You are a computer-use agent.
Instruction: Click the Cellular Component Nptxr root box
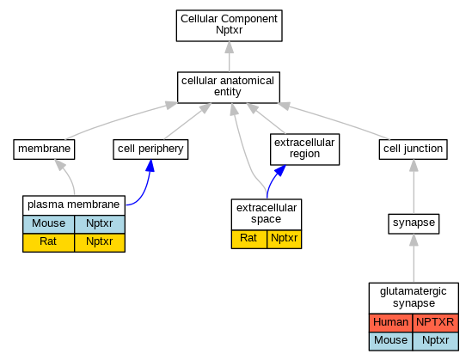(229, 26)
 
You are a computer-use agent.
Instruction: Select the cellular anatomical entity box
(229, 88)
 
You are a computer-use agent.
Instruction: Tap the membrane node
(44, 149)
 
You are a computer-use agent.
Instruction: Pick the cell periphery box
(150, 149)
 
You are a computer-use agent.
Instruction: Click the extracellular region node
(304, 149)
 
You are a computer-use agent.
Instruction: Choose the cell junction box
(413, 149)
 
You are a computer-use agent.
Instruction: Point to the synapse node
(414, 223)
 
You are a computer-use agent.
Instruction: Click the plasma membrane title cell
(74, 205)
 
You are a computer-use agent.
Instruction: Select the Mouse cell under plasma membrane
(48, 224)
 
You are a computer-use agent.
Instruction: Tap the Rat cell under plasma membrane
(48, 242)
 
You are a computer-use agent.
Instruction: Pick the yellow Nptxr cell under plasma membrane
(100, 242)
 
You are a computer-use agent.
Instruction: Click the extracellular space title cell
(267, 214)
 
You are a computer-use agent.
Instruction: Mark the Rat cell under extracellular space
(249, 239)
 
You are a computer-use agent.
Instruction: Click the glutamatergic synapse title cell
(414, 298)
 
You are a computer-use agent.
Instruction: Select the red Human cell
(390, 323)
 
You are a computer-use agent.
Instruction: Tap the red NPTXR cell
(436, 323)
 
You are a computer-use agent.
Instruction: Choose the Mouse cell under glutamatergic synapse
(390, 341)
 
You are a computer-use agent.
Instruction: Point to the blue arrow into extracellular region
(273, 180)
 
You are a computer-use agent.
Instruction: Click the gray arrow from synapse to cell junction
(414, 186)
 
